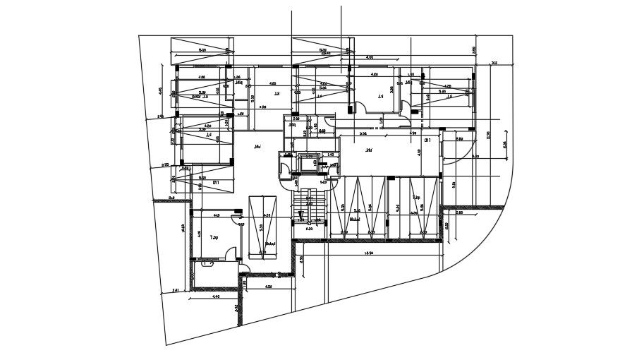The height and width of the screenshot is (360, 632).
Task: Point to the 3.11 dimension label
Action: [x=494, y=64]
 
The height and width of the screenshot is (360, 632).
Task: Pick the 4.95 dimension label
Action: [x=160, y=90]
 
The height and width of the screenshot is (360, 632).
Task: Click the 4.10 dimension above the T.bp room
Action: [x=216, y=215]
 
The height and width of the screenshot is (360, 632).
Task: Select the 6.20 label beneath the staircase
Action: [x=309, y=229]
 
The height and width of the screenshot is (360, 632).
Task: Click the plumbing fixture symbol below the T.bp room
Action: [x=206, y=263]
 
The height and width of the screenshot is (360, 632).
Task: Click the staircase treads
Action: [x=308, y=211]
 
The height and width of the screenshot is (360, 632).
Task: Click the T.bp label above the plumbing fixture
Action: [x=213, y=239]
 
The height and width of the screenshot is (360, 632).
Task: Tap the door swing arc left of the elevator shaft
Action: [x=284, y=170]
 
